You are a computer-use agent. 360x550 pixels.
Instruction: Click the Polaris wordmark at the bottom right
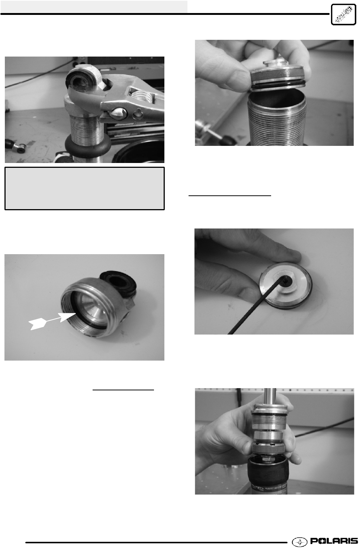pyautogui.click(x=334, y=541)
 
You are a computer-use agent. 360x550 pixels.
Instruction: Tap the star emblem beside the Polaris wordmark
pyautogui.click(x=299, y=541)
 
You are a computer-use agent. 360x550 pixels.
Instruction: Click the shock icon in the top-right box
pyautogui.click(x=344, y=15)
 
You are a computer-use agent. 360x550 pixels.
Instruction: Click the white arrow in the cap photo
pyautogui.click(x=52, y=321)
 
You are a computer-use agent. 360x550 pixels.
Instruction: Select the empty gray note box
pyautogui.click(x=84, y=188)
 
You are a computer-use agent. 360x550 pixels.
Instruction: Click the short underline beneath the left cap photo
pyautogui.click(x=123, y=390)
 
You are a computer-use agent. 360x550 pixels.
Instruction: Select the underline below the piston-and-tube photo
pyautogui.click(x=230, y=196)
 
